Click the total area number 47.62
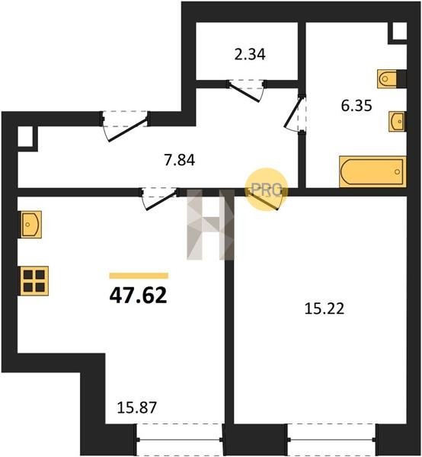(138, 295)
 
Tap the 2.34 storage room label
(250, 55)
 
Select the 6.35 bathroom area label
(356, 106)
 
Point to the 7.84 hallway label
(180, 160)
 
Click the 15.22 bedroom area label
(324, 308)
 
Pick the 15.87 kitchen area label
(136, 407)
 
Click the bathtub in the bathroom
(372, 171)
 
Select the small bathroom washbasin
(397, 121)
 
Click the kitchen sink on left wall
(30, 225)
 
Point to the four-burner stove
(34, 281)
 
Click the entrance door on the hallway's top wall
(126, 126)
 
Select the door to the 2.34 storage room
(246, 91)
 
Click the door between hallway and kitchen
(160, 198)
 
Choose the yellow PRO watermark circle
(266, 190)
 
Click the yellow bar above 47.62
(139, 276)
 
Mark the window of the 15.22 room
(331, 439)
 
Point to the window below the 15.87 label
(180, 439)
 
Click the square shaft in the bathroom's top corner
(399, 31)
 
